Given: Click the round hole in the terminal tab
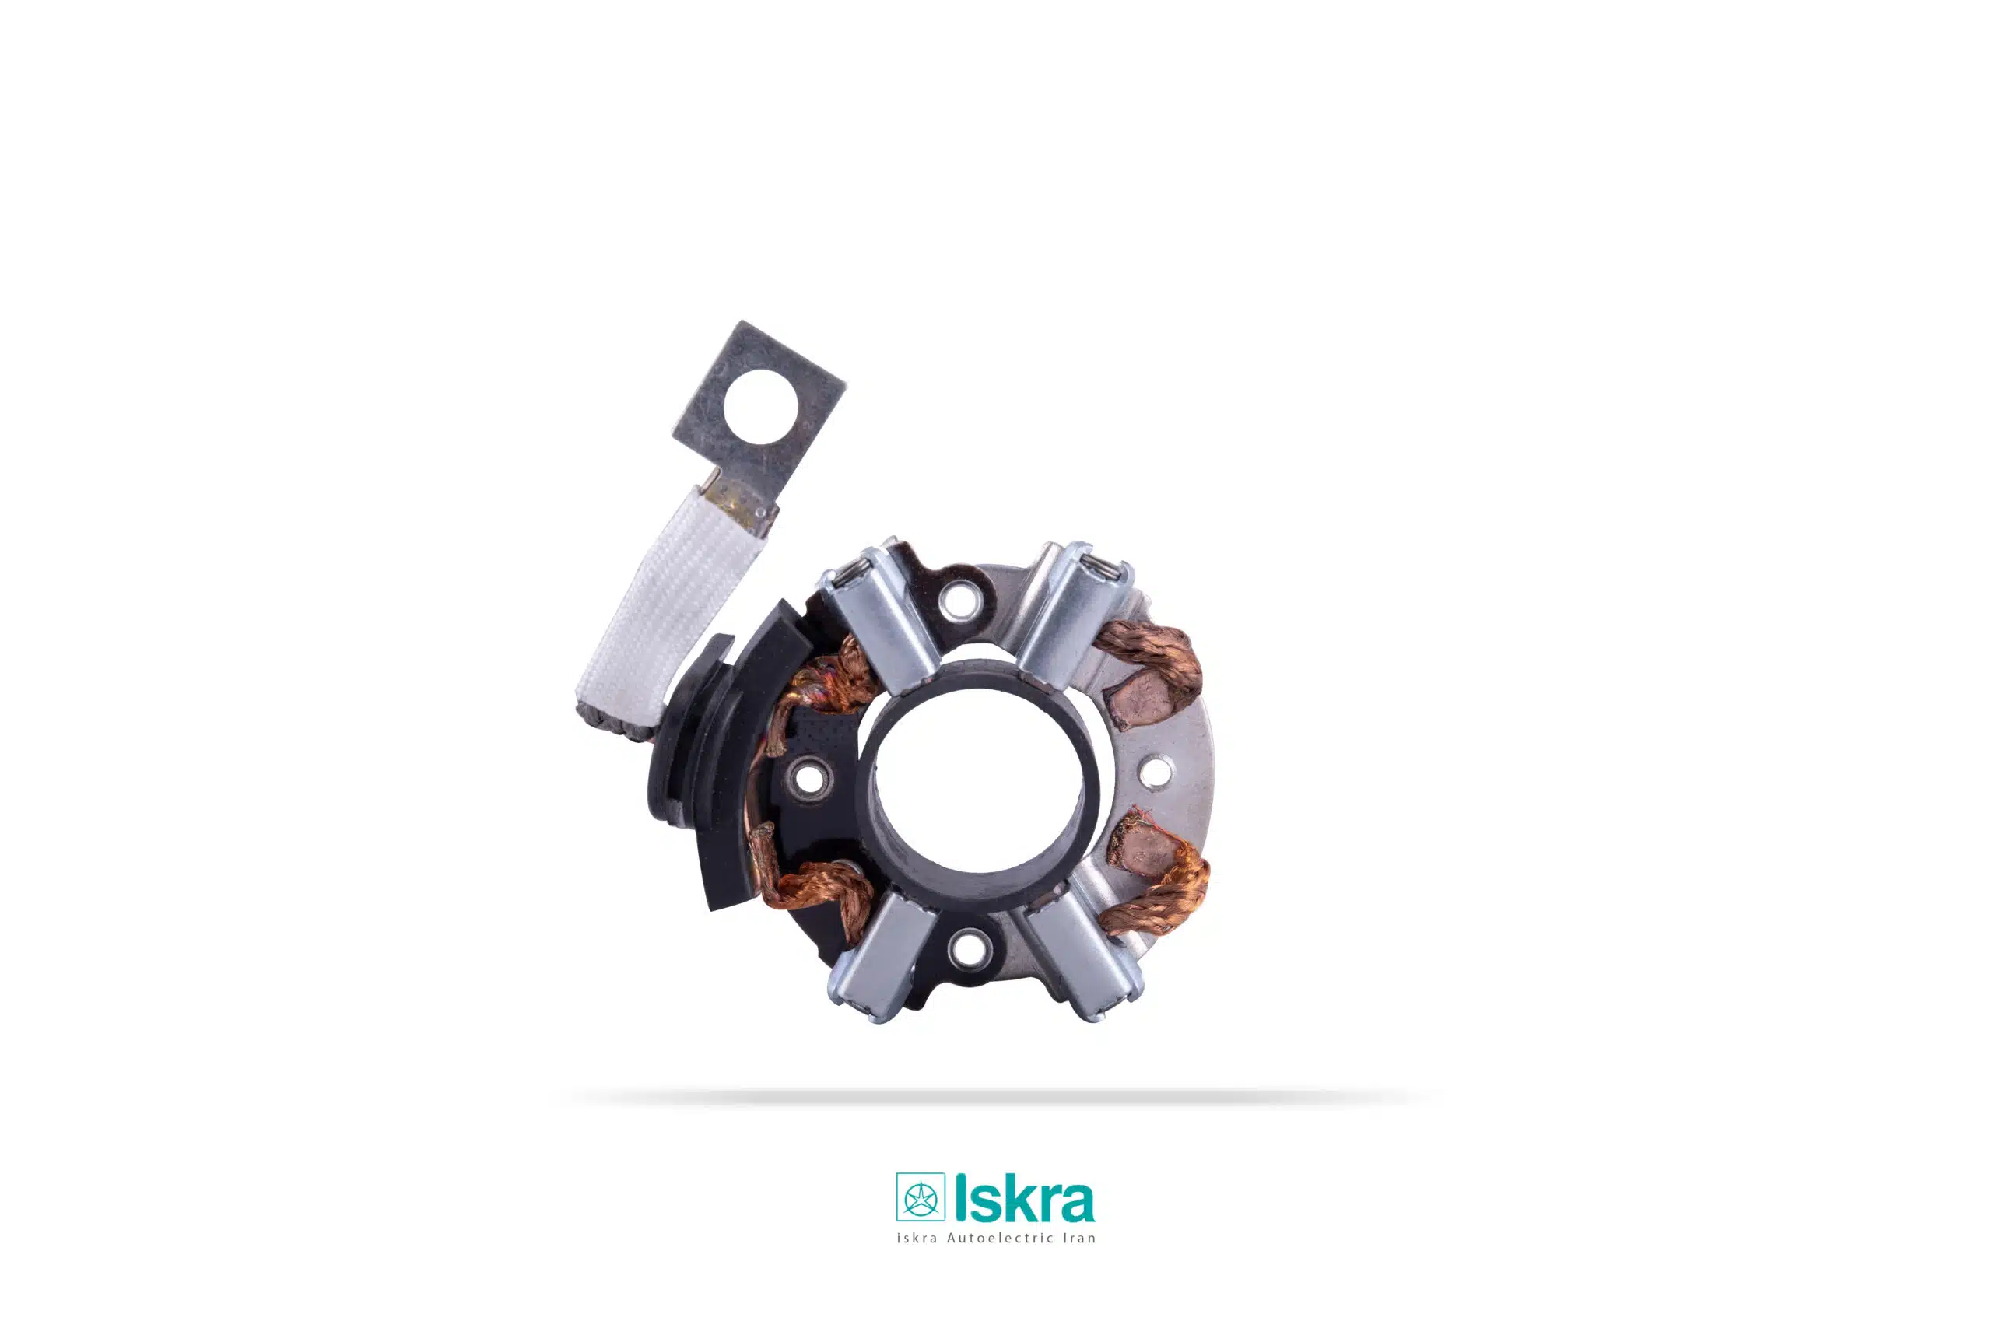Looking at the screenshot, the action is (760, 408).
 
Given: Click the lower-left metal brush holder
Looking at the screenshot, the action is (881, 955).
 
